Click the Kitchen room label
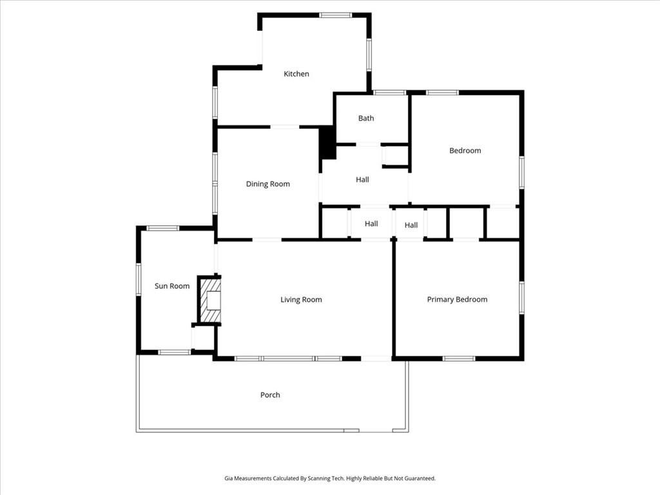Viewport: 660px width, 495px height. click(x=296, y=74)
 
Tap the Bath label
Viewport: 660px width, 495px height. click(x=366, y=119)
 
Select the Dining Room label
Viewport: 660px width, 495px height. click(x=267, y=184)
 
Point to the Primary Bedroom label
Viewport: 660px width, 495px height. click(x=457, y=299)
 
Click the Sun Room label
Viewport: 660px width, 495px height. click(x=171, y=286)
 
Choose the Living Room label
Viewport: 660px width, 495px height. click(x=301, y=299)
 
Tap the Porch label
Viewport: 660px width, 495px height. click(x=270, y=395)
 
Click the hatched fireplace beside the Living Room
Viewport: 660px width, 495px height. click(x=210, y=300)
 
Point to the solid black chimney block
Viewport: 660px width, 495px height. click(x=327, y=142)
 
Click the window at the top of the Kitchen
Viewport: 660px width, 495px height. click(x=335, y=15)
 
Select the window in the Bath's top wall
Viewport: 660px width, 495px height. click(x=389, y=93)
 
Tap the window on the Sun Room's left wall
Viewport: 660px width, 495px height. click(x=138, y=279)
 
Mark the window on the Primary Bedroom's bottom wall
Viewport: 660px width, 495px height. click(x=459, y=358)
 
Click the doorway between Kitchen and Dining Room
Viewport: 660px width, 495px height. click(x=284, y=126)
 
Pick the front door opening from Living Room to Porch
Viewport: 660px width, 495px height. click(x=376, y=358)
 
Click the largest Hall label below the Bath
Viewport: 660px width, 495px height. click(x=362, y=180)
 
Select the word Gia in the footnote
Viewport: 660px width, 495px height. click(x=229, y=478)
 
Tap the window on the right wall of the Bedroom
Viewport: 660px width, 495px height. click(x=521, y=172)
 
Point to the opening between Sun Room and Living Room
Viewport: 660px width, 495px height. click(x=216, y=259)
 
